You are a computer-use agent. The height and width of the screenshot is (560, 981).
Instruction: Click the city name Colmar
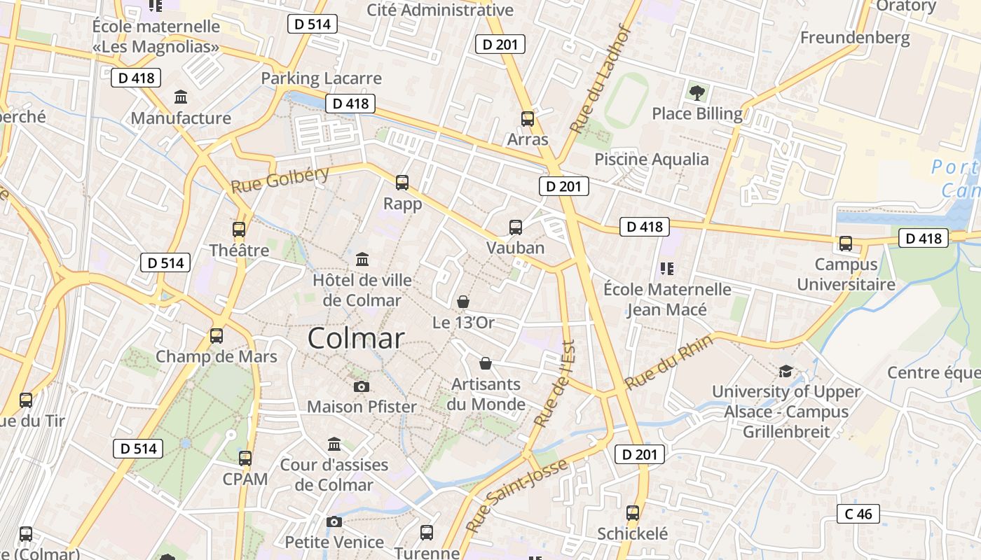click(356, 339)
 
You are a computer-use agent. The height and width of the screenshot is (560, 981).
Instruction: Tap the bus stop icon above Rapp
click(402, 183)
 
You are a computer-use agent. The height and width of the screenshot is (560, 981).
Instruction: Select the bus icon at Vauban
click(516, 227)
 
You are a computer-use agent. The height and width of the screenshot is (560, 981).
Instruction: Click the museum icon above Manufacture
click(181, 97)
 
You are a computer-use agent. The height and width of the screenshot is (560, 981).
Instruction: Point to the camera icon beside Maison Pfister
click(362, 386)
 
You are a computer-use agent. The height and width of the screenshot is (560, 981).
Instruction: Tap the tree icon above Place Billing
click(697, 92)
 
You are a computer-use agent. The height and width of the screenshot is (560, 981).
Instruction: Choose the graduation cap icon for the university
click(786, 371)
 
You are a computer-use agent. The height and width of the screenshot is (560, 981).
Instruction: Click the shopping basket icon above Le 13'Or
click(463, 302)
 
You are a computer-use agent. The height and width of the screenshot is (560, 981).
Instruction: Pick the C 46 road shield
click(858, 514)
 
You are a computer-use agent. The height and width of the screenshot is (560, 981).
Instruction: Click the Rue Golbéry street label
click(280, 180)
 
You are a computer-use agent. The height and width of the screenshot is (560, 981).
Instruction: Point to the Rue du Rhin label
click(668, 362)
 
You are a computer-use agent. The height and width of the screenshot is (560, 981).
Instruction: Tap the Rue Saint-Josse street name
click(516, 496)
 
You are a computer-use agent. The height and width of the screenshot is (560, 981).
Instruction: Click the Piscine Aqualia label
click(652, 159)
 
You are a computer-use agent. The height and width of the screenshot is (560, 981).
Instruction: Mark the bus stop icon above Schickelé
click(633, 513)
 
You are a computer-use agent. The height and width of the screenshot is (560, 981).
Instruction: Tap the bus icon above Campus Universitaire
click(846, 244)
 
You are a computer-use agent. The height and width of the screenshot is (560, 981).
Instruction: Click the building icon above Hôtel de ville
click(362, 260)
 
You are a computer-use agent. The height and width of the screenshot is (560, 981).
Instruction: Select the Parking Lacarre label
click(321, 78)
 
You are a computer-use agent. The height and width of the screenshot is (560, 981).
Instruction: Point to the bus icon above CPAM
click(245, 458)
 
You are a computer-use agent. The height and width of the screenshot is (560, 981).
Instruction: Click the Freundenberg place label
click(855, 37)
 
